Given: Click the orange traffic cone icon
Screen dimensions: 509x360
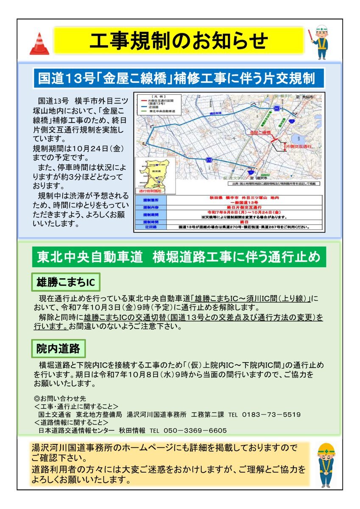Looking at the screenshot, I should [x=39, y=44].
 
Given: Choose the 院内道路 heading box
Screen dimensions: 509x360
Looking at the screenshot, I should [x=59, y=349].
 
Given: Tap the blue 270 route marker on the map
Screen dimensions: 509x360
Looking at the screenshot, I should [x=209, y=159].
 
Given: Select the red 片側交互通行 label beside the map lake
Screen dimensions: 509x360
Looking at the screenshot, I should [x=299, y=145].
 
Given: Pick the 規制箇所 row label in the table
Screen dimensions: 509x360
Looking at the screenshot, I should [x=151, y=198].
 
